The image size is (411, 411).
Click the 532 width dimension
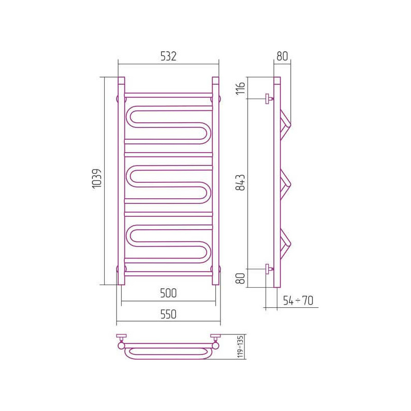169,57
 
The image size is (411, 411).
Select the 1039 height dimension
97,180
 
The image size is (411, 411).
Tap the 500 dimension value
169,293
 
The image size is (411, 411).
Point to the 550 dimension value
169,314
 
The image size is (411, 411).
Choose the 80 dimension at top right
282,56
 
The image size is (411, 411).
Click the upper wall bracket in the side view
268,98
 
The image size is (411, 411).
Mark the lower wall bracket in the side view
268,268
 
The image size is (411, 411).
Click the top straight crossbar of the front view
169,95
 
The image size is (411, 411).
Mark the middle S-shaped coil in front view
169,182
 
